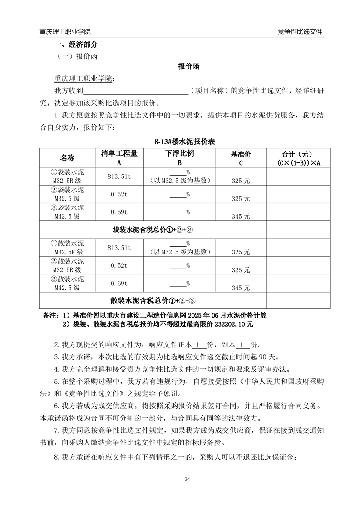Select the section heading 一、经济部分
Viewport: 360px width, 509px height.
76,45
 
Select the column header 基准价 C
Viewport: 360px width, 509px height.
241,158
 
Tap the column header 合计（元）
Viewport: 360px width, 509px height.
299,154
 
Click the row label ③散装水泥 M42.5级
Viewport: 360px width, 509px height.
68,283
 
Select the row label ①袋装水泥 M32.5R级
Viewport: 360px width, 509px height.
68,176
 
